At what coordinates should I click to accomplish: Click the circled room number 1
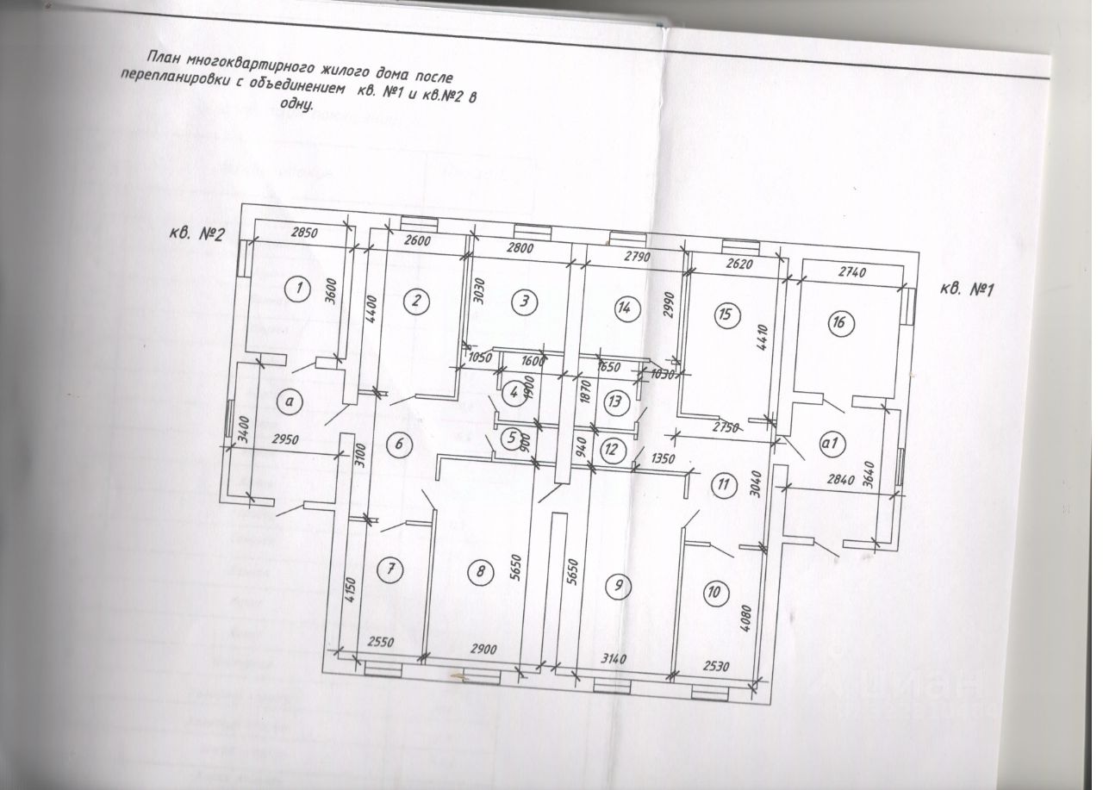point(298,289)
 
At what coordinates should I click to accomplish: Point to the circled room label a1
point(832,444)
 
